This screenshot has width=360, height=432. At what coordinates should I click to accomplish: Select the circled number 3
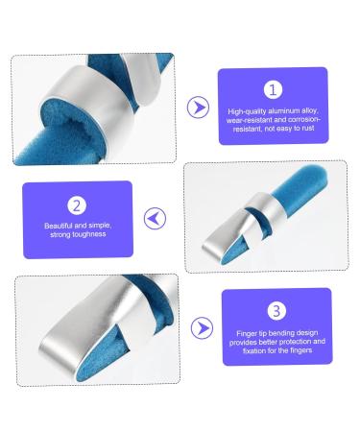pyautogui.click(x=276, y=310)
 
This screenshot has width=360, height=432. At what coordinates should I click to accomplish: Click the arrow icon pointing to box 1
pyautogui.click(x=199, y=106)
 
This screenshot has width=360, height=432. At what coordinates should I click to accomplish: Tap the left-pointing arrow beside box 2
pyautogui.click(x=155, y=219)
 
